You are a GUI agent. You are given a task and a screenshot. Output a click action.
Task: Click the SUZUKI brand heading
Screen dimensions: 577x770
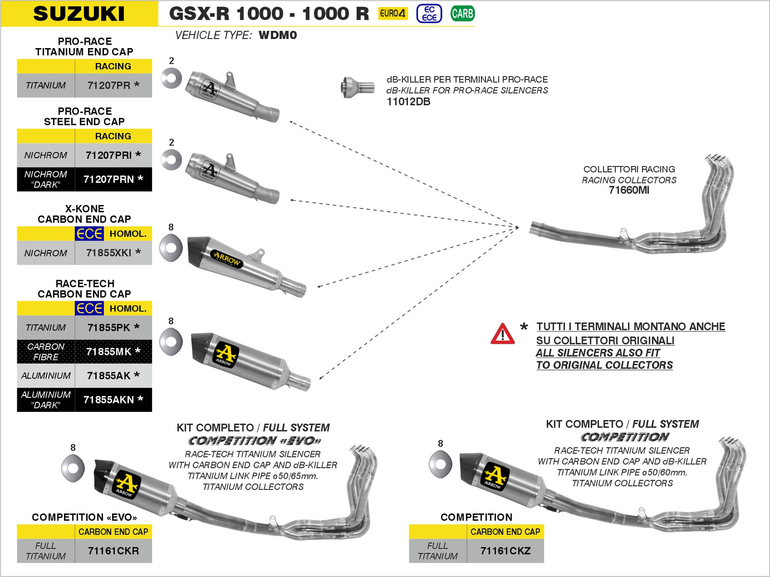[x=79, y=13]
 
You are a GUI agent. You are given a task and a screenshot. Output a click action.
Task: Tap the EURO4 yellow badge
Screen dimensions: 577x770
[x=392, y=13]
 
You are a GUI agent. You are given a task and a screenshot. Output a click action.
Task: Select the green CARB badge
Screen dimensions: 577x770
[x=462, y=13]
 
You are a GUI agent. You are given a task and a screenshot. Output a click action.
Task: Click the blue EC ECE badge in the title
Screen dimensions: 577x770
[x=429, y=13]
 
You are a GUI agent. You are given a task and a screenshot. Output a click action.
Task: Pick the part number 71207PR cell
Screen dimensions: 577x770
[x=113, y=85]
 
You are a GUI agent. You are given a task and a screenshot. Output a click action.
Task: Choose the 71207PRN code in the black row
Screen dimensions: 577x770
[x=113, y=179]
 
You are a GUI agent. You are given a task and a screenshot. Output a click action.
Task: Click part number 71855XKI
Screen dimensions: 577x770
[x=113, y=253]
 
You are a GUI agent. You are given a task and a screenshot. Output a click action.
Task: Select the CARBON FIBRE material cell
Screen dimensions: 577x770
[x=46, y=352]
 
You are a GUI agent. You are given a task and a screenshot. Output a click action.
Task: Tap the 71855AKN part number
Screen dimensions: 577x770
[x=113, y=399]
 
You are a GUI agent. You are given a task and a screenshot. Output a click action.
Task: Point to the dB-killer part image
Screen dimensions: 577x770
[x=357, y=87]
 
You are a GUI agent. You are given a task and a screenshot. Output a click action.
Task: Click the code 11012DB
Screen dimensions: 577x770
[x=408, y=102]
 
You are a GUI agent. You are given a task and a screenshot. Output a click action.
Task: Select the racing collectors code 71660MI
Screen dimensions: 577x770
[x=629, y=190]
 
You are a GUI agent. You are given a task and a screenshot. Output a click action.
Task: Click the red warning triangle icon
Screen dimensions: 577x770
[x=502, y=334]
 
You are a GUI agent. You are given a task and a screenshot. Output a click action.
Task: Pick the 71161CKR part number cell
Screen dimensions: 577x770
[x=113, y=551]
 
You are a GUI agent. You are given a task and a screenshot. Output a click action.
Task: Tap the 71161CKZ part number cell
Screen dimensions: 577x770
[x=505, y=551]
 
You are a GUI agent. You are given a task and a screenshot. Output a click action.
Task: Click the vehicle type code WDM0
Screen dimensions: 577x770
[x=278, y=35]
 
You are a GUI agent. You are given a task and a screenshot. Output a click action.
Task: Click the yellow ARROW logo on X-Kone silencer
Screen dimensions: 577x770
[x=227, y=259]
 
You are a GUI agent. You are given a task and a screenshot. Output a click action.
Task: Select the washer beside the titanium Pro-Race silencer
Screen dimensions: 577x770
[x=171, y=78]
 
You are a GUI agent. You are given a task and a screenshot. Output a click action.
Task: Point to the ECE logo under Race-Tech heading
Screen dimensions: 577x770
[x=90, y=308]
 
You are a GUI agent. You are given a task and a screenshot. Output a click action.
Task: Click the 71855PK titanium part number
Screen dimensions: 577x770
[x=113, y=327]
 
